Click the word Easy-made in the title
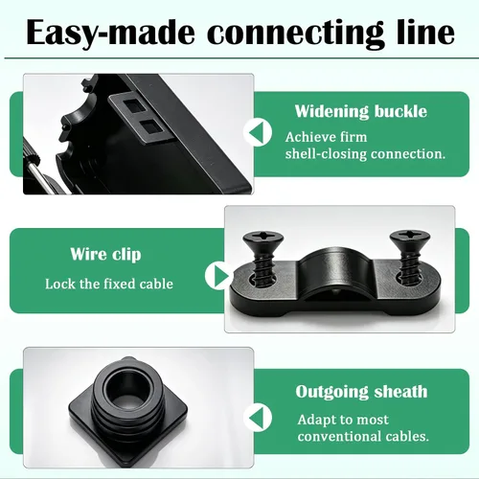pyautogui.click(x=111, y=33)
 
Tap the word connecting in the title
pyautogui.click(x=296, y=34)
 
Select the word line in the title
pyautogui.click(x=425, y=32)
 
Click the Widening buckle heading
pyautogui.click(x=361, y=111)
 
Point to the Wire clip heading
pyautogui.click(x=105, y=255)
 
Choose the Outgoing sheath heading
pyautogui.click(x=361, y=392)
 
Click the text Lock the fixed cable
pyautogui.click(x=109, y=284)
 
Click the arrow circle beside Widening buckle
pyautogui.click(x=258, y=132)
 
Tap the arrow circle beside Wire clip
pyautogui.click(x=219, y=275)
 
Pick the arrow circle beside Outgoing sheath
pyautogui.click(x=258, y=418)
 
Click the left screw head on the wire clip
pyautogui.click(x=263, y=240)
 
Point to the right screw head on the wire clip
pyautogui.click(x=410, y=239)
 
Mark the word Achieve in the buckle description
pyautogui.click(x=307, y=137)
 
